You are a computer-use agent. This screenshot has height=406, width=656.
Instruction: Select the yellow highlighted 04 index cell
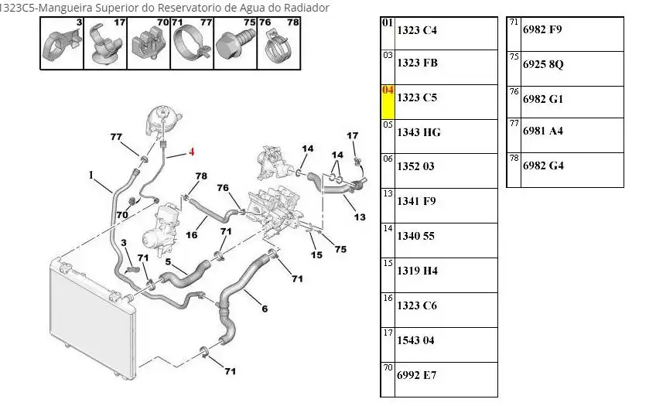pos(388,101)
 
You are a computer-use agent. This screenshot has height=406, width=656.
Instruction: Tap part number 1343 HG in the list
pos(419,132)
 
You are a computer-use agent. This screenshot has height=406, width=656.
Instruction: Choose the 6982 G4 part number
pos(543,165)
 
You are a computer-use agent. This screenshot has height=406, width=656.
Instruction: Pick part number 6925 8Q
pos(543,64)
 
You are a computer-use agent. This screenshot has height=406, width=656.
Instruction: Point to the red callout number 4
pos(191,152)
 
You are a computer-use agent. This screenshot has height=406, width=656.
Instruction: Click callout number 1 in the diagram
pos(91,175)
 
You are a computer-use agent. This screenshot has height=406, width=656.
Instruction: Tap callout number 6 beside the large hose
pos(264,309)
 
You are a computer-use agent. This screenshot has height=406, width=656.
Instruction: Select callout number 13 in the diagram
pos(360,217)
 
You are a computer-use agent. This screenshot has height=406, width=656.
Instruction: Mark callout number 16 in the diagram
pos(191,235)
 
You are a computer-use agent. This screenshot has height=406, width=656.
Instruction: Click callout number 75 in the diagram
pos(341,248)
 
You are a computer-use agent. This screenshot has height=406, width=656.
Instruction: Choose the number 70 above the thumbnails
pos(162,23)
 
